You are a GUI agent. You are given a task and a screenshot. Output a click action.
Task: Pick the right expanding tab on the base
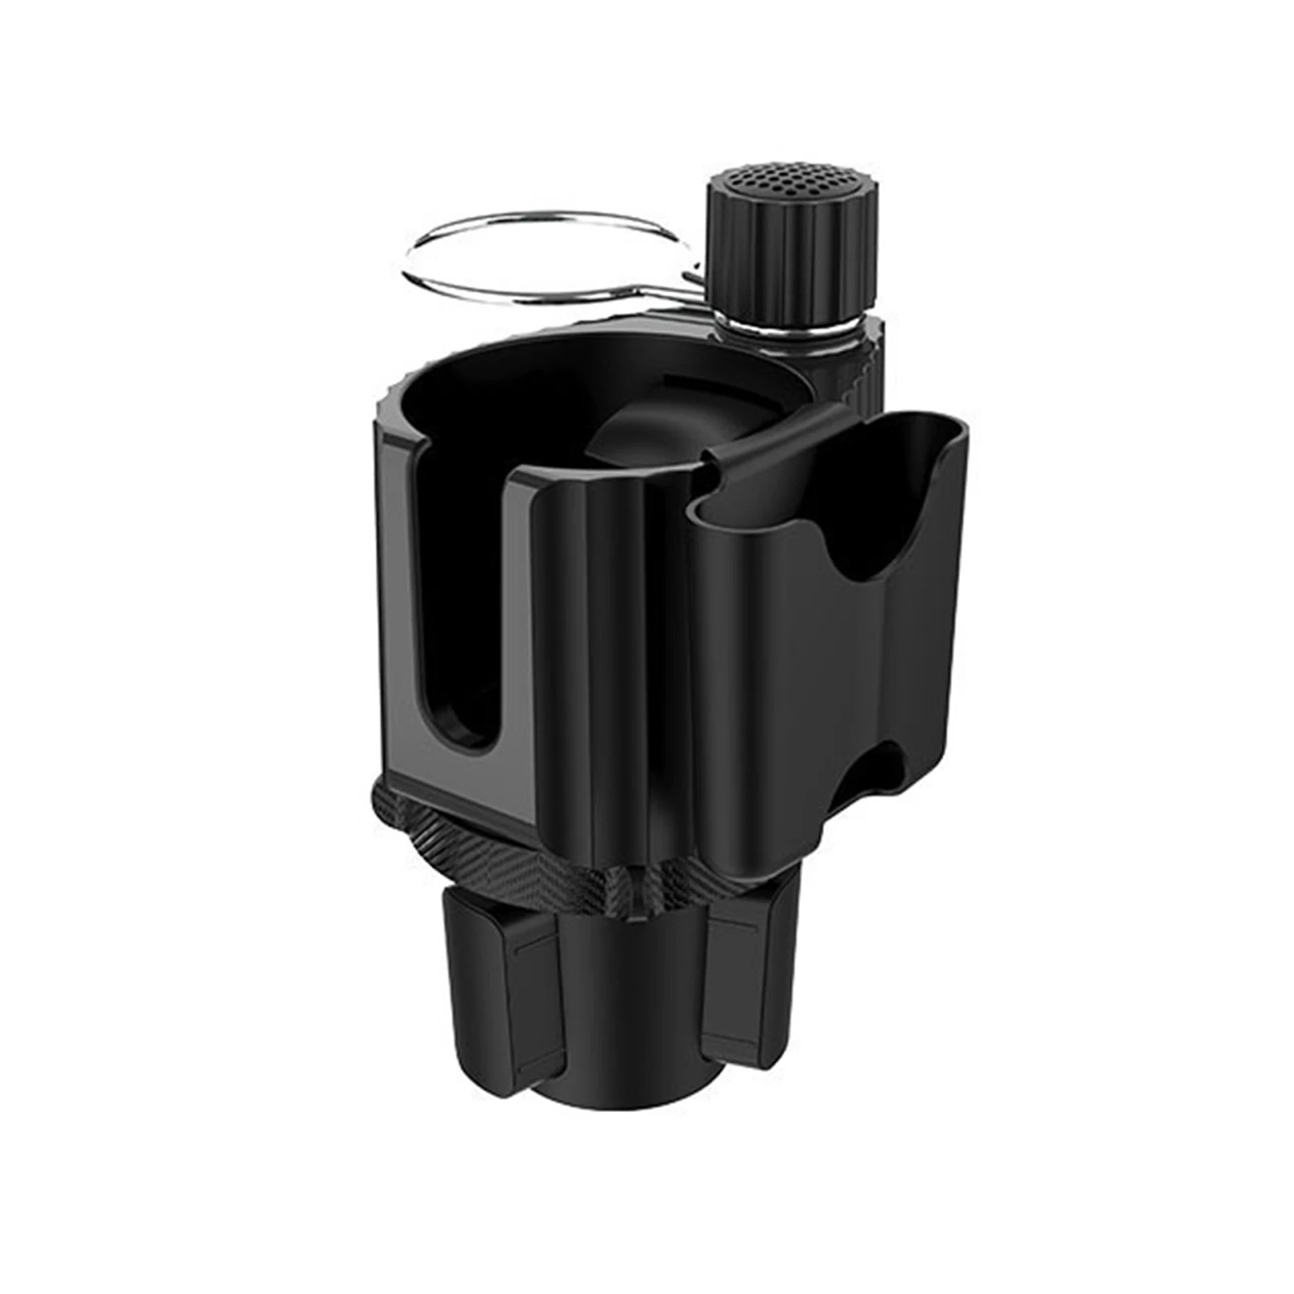pyautogui.click(x=740, y=970)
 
